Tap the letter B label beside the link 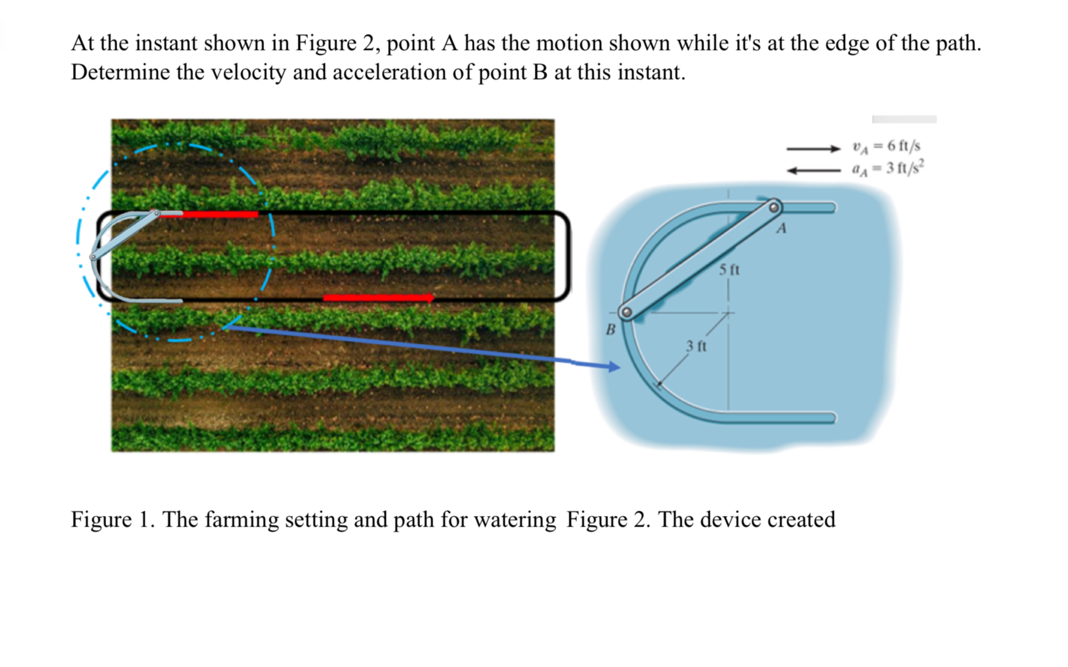[x=610, y=329]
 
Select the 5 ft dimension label [x=729, y=270]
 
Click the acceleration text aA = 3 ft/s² [x=887, y=168]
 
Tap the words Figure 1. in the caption [x=113, y=519]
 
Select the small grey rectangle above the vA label [x=904, y=119]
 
